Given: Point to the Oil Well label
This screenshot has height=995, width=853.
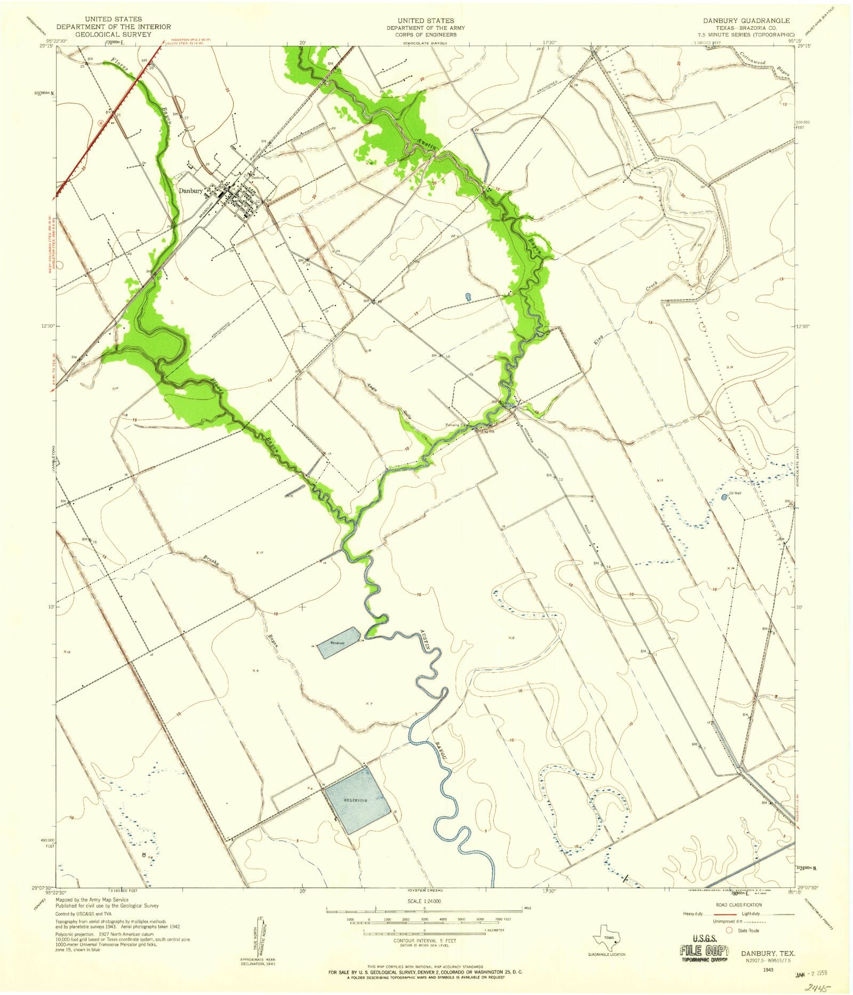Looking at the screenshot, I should (735, 493).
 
